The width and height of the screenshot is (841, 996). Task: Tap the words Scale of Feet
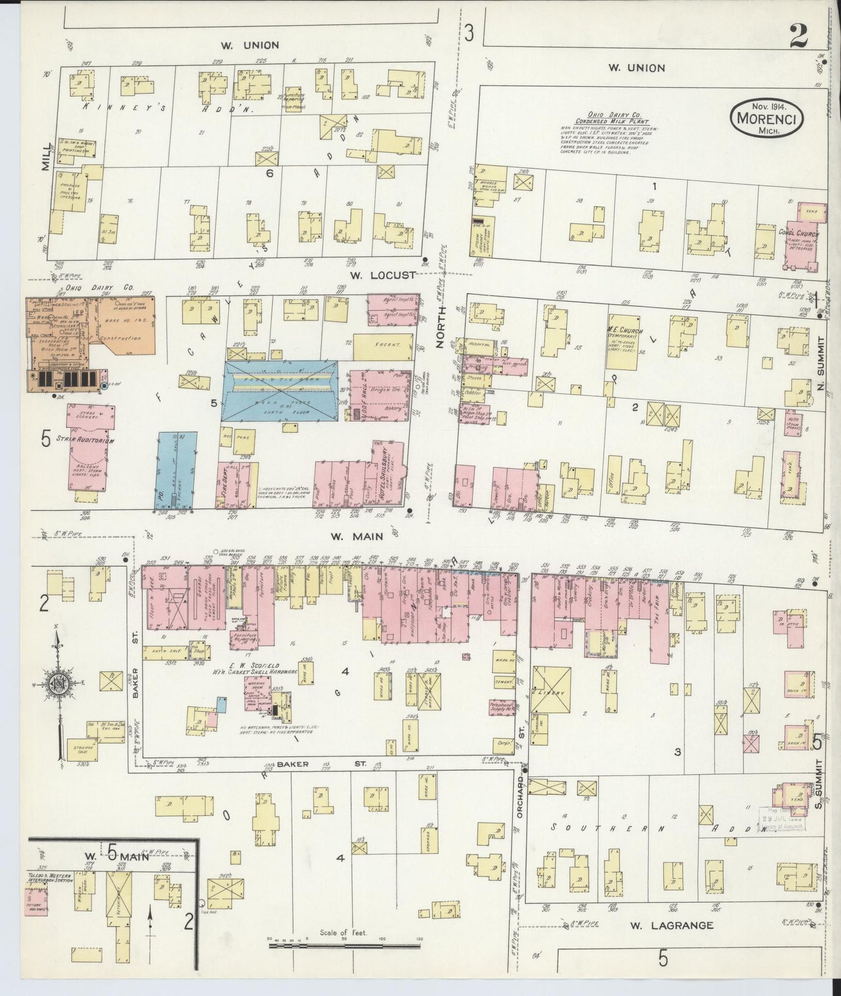point(343,933)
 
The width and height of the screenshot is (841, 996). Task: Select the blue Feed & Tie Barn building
point(281,390)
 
